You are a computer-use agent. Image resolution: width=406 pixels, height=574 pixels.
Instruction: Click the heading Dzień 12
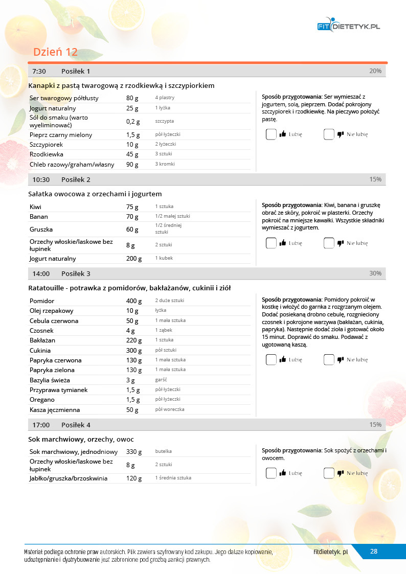click(x=55, y=52)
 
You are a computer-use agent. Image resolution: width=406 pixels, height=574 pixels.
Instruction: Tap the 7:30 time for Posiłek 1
click(x=39, y=71)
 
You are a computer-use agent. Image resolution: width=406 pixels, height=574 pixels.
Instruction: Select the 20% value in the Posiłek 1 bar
click(x=375, y=71)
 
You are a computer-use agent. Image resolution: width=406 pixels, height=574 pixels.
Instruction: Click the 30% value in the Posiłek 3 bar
click(x=375, y=273)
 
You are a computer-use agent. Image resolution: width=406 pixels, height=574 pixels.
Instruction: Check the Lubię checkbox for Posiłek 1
click(x=271, y=134)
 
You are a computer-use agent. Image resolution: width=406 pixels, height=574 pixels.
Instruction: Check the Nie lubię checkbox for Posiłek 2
click(x=329, y=243)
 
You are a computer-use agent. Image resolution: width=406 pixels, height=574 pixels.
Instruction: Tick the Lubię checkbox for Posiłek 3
click(x=271, y=360)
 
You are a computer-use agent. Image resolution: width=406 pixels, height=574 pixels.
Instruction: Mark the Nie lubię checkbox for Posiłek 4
click(x=329, y=473)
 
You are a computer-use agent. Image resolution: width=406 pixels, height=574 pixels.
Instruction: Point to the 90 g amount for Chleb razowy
click(x=132, y=165)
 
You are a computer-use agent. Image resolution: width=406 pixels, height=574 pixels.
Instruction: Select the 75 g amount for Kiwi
click(x=132, y=207)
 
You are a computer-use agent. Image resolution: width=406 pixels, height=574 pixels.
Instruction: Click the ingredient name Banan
click(x=39, y=217)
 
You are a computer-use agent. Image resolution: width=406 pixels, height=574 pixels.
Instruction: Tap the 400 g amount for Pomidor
click(x=134, y=301)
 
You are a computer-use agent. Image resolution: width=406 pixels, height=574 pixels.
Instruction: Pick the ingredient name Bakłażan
click(x=42, y=340)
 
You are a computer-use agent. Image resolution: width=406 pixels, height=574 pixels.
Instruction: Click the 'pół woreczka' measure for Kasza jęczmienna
click(x=170, y=409)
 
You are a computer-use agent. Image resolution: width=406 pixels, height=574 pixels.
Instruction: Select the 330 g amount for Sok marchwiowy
click(x=134, y=452)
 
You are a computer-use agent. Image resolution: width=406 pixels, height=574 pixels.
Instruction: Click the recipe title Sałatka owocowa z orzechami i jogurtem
click(x=95, y=194)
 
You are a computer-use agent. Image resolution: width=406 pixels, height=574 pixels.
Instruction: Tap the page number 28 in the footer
click(x=374, y=551)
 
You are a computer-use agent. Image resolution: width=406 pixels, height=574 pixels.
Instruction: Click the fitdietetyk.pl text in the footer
click(x=331, y=552)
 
